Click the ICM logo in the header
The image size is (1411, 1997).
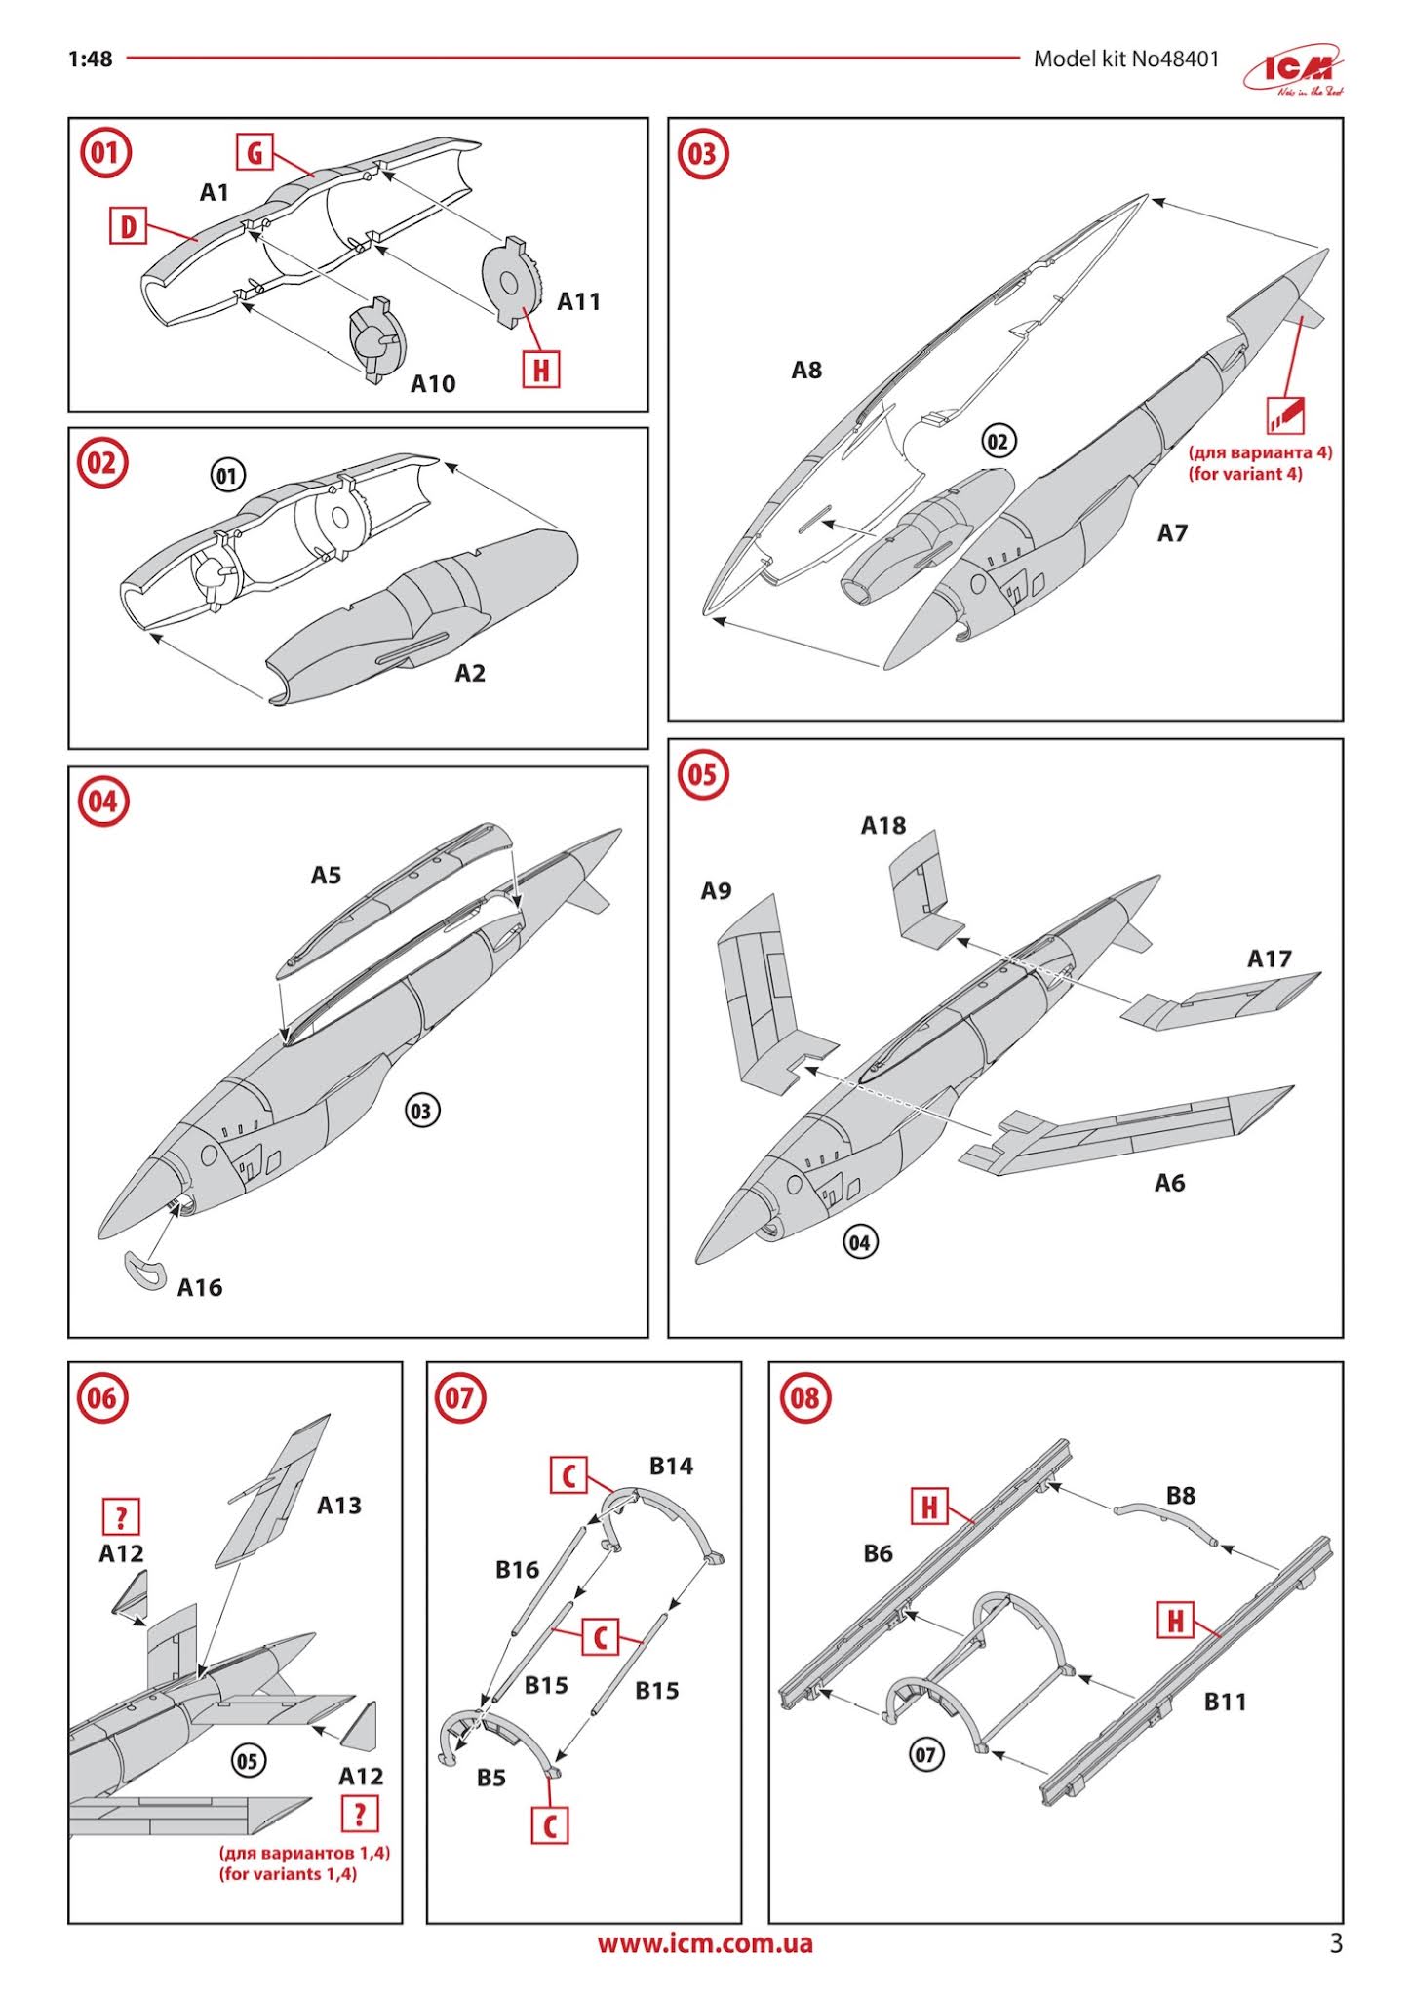[x=1295, y=72]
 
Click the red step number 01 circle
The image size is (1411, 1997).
[x=104, y=153]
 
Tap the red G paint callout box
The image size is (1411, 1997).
[x=255, y=152]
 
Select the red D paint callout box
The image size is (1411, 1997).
[x=127, y=226]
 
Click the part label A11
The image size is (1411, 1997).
[x=578, y=302]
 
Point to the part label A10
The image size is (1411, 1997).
[x=432, y=384]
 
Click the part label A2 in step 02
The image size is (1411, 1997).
[x=470, y=674]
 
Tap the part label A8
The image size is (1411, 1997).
[x=806, y=371]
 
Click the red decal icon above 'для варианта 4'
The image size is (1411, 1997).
[x=1285, y=414]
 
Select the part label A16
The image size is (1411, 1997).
[x=200, y=1288]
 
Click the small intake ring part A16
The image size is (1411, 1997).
[x=144, y=1270]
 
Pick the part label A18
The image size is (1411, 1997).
[x=882, y=826]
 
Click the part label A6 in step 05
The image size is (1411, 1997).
[x=1169, y=1183]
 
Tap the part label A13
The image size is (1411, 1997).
[x=338, y=1506]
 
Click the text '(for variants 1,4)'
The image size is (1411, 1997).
[x=288, y=1873]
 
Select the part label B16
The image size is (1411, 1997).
[x=516, y=1570]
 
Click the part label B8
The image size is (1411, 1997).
[x=1180, y=1496]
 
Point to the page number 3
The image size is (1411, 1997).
[x=1335, y=1943]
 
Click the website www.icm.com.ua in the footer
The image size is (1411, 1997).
[x=704, y=1943]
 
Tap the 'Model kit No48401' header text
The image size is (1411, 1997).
[x=1125, y=59]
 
